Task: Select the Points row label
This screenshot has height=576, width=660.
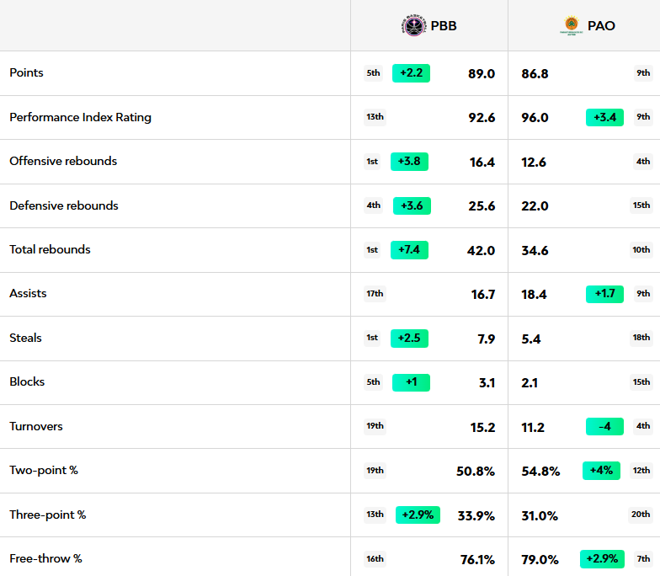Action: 26,73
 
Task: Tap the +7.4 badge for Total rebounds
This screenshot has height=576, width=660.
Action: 409,250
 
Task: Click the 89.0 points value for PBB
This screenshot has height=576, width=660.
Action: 482,74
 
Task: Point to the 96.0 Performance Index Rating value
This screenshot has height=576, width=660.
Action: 535,118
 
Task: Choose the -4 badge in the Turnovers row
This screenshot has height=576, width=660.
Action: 604,427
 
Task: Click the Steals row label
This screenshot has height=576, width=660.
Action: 25,339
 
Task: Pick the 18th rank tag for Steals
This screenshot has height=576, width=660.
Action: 641,339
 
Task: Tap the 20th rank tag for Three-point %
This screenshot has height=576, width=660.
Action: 641,515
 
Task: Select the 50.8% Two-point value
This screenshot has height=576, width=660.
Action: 476,472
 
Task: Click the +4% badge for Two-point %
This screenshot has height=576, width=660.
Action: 601,471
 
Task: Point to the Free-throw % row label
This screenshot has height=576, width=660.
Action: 45,559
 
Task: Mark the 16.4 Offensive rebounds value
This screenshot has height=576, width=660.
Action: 482,163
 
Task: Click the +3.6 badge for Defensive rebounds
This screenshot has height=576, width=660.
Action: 410,205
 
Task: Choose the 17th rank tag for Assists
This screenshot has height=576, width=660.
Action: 375,294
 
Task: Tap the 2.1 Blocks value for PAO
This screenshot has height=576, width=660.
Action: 531,383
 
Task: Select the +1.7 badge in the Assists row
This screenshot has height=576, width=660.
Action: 604,294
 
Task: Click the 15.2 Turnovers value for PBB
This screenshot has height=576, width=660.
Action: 482,428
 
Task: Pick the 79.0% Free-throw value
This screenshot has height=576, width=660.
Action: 540,560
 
